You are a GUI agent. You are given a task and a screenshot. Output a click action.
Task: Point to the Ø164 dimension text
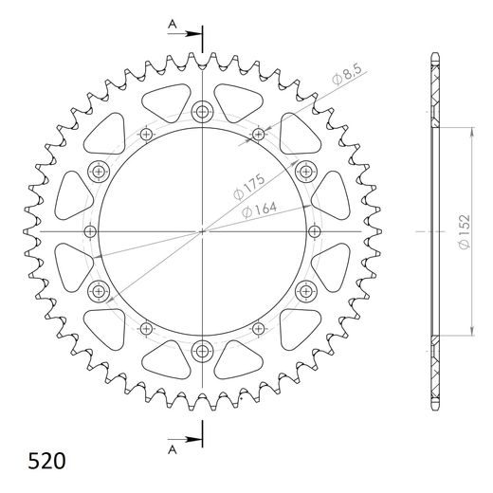pyautogui.click(x=260, y=210)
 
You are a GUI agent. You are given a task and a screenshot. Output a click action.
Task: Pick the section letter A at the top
pyautogui.click(x=171, y=22)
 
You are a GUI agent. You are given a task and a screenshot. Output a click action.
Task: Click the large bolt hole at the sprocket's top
pyautogui.click(x=202, y=112)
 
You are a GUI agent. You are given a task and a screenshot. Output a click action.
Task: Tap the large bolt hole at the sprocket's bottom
pyautogui.click(x=202, y=352)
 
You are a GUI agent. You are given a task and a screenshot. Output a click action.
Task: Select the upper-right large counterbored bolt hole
pyautogui.click(x=305, y=171)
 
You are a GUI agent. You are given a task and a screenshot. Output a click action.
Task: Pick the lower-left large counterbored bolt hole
pyautogui.click(x=99, y=291)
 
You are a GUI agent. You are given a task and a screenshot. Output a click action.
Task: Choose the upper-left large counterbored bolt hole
pyautogui.click(x=99, y=171)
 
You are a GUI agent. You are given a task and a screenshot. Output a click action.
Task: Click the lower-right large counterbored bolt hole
pyautogui.click(x=305, y=291)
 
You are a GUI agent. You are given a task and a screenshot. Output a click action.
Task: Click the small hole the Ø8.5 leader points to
pyautogui.click(x=259, y=136)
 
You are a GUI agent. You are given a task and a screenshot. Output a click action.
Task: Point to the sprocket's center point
pyautogui.click(x=202, y=231)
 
